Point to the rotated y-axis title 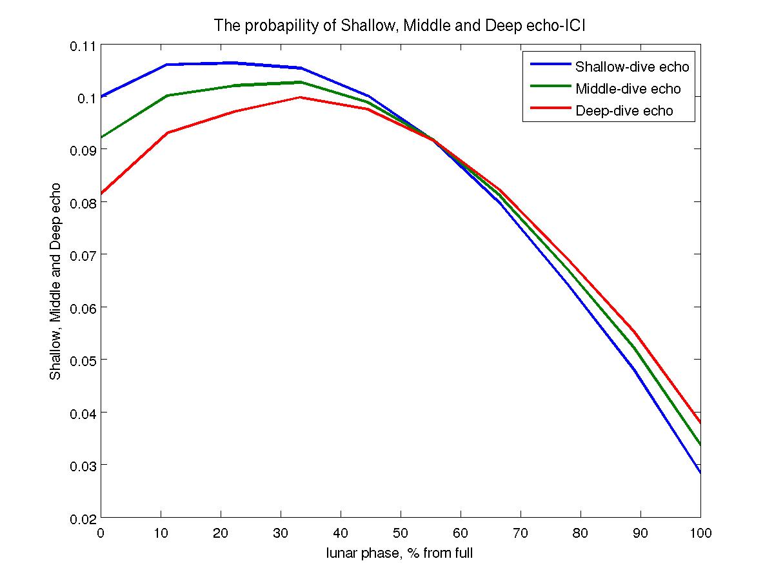(56, 281)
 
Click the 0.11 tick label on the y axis (82, 46)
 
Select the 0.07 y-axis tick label (82, 254)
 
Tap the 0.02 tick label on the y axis (82, 518)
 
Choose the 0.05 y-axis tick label (82, 360)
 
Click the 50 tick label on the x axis (401, 533)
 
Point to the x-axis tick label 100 (700, 533)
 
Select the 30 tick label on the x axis (281, 533)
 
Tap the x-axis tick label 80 (580, 533)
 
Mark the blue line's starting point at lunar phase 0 (102, 97)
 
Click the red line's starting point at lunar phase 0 (102, 194)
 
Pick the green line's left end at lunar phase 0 (102, 138)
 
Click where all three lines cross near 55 (433, 140)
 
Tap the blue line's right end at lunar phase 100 (700, 473)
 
